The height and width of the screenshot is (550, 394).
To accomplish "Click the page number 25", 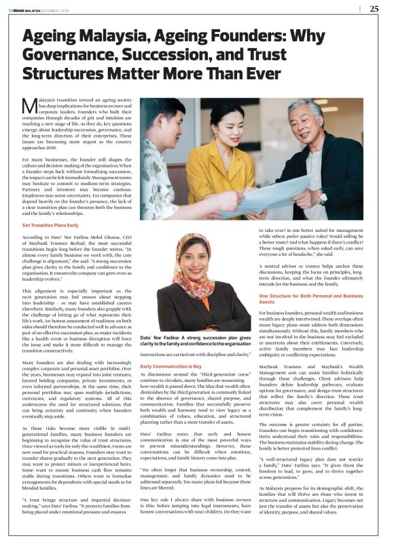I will point(374,9).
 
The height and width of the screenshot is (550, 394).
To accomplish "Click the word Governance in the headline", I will point(63,54).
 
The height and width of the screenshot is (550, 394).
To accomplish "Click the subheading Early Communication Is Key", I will point(171,366).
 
